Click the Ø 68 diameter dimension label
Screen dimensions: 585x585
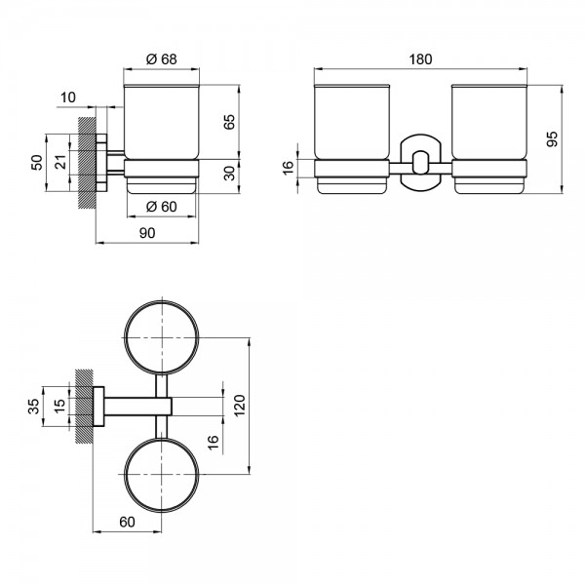tap(162, 59)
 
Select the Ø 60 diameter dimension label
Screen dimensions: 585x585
tap(162, 207)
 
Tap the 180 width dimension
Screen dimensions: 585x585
tap(420, 59)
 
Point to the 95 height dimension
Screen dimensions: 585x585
tap(552, 138)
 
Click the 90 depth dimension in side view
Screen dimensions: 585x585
tap(147, 233)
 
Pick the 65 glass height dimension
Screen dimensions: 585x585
tap(229, 122)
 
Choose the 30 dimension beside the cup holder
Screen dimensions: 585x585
tap(229, 174)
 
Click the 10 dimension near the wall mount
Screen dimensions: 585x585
tap(68, 97)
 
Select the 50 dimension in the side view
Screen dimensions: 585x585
tap(37, 163)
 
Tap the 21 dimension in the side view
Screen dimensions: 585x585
tap(60, 162)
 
